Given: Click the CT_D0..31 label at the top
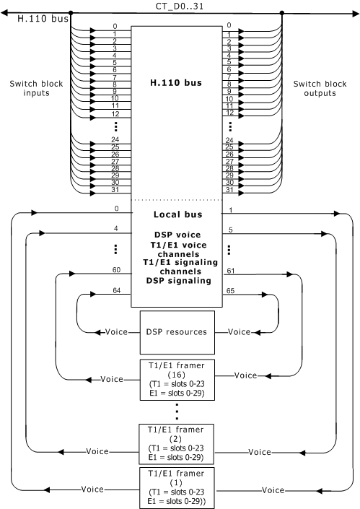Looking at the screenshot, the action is point(180,6).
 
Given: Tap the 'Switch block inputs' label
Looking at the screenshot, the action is point(36,88).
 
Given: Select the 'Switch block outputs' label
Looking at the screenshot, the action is point(320,88).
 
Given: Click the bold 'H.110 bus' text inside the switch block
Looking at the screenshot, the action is point(176,83).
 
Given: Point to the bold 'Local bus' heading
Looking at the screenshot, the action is point(177,214).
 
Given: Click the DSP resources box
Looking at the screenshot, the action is point(177,332).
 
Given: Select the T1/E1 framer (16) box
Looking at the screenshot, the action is point(177,380).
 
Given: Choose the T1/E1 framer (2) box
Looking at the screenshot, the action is point(177,444).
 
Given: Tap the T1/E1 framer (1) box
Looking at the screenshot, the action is point(177,488).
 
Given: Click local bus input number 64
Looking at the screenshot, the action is point(116,290).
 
